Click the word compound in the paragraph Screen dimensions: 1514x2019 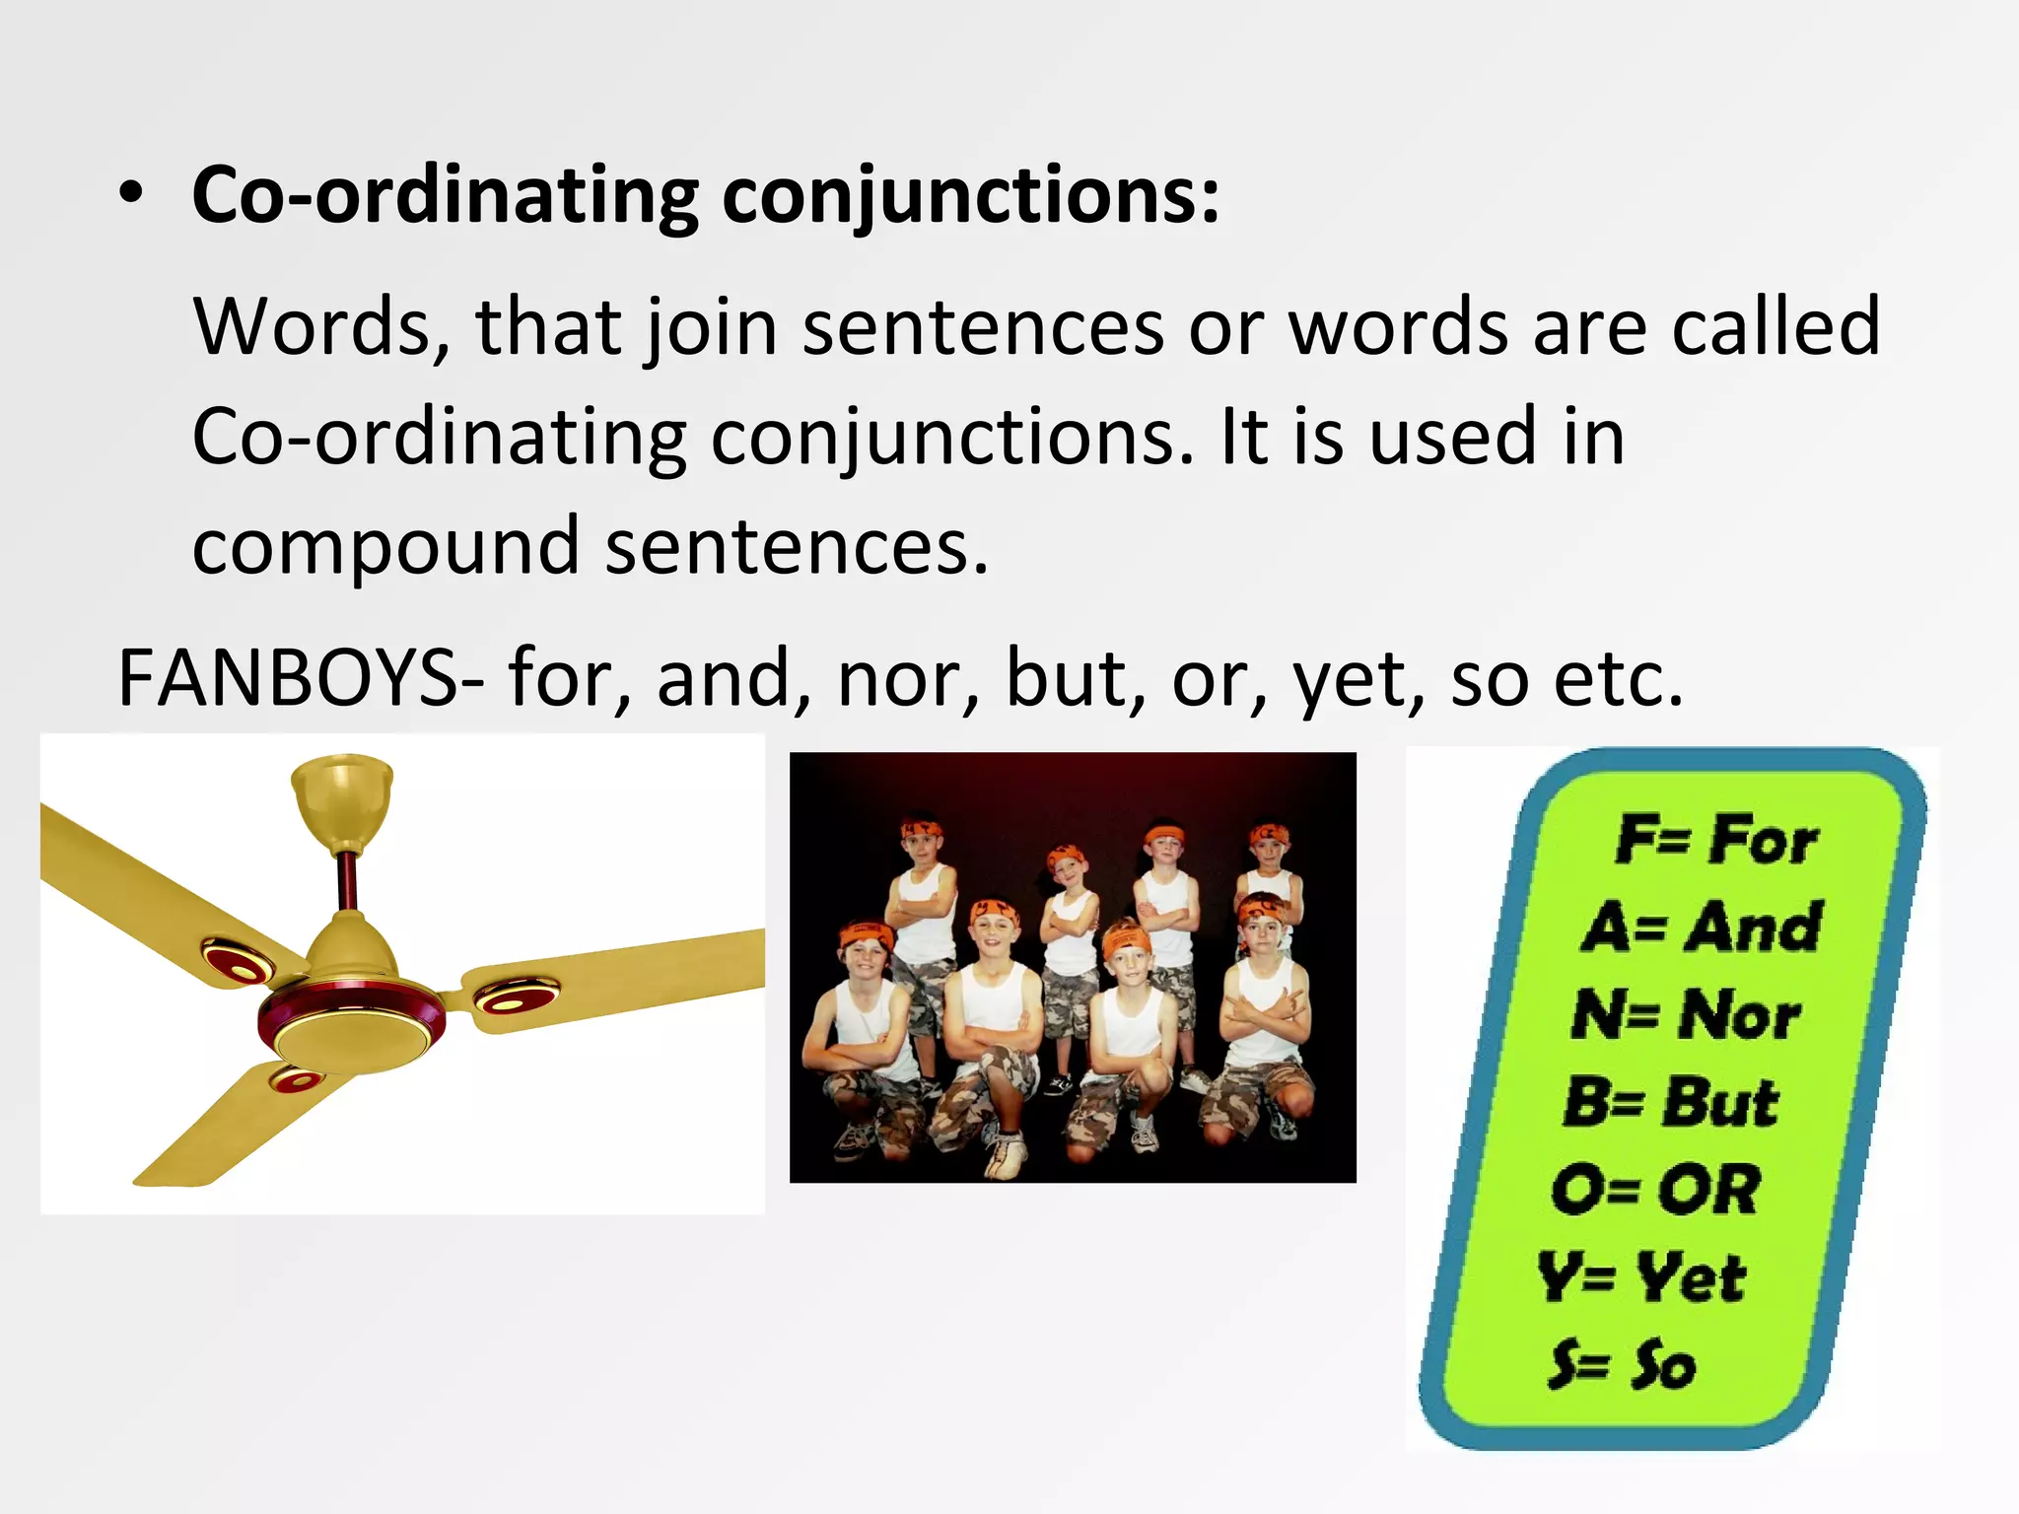pyautogui.click(x=385, y=547)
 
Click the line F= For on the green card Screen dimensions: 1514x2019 pyautogui.click(x=1715, y=841)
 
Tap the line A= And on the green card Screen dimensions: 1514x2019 pyautogui.click(x=1701, y=929)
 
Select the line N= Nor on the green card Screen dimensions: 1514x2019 pyautogui.click(x=1686, y=1015)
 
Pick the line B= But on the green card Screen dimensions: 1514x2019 pyautogui.click(x=1671, y=1102)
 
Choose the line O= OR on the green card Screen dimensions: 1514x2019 pyautogui.click(x=1656, y=1190)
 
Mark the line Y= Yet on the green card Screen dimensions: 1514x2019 pyautogui.click(x=1641, y=1277)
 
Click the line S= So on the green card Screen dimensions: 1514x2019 pyautogui.click(x=1622, y=1365)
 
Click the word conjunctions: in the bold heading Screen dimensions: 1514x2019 pyautogui.click(x=971, y=195)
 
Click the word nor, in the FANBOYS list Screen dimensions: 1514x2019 pyautogui.click(x=908, y=680)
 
